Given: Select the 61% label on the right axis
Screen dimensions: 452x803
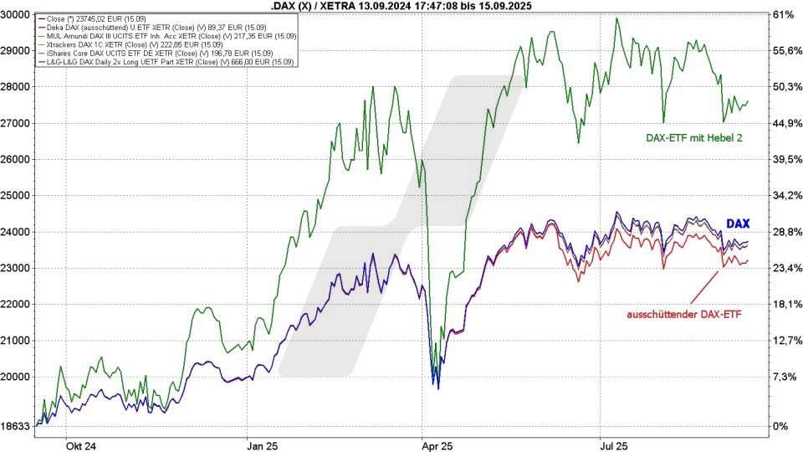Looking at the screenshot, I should pos(782,14).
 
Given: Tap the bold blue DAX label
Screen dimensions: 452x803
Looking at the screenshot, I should pos(737,223).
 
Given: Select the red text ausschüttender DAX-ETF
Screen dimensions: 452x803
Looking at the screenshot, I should pos(684,315).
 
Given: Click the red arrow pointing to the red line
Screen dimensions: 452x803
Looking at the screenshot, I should pos(703,287).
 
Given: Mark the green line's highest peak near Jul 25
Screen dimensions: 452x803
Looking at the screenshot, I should pos(616,18).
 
